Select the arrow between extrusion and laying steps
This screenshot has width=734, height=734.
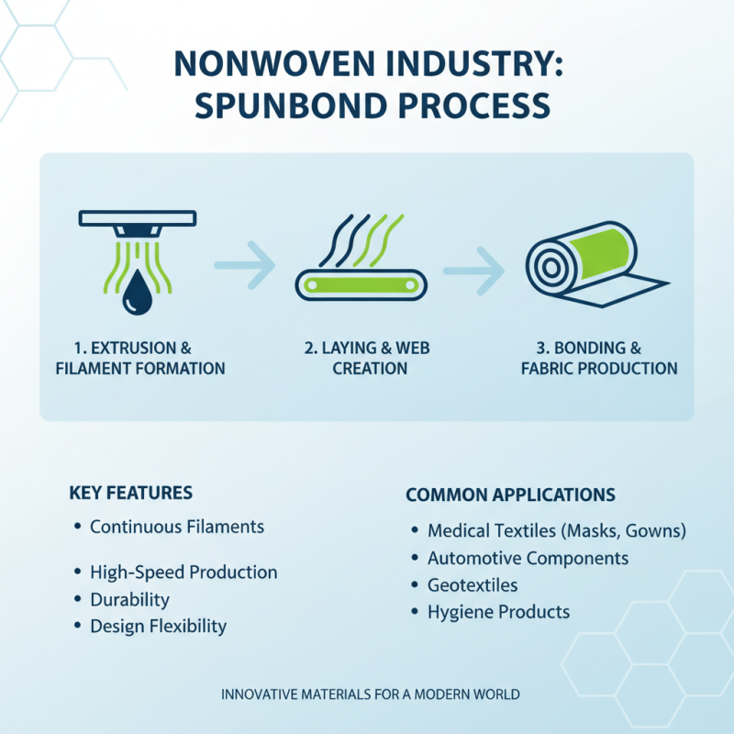tap(245, 265)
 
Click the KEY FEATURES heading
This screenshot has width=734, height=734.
tap(131, 493)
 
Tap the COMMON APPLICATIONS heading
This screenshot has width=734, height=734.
tap(510, 495)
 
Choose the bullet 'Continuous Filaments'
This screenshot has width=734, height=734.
tap(176, 527)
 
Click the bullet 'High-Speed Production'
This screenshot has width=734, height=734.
tap(183, 573)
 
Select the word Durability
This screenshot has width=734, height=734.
tap(129, 600)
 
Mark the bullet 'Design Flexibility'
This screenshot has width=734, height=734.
tap(158, 627)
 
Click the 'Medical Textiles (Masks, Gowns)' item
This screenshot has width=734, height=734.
tap(556, 531)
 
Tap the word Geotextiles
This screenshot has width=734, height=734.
tap(473, 584)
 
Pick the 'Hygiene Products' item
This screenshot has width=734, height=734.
tap(498, 612)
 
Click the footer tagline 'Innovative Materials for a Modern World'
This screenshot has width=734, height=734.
tap(371, 695)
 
